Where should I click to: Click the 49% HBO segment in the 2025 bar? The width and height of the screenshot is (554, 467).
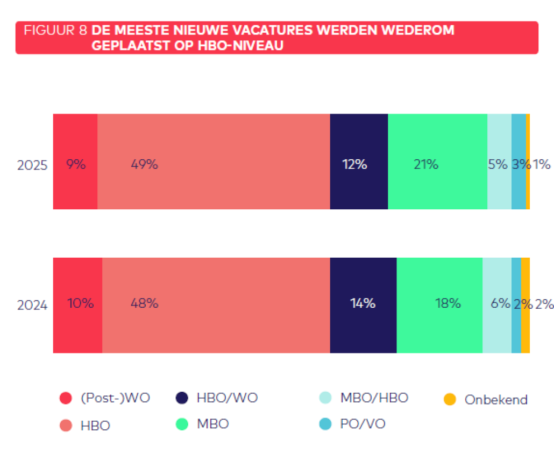coord(214,161)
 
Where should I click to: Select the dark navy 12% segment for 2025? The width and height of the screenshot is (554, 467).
coord(359,161)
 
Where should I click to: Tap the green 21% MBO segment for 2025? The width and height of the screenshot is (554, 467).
coord(437,161)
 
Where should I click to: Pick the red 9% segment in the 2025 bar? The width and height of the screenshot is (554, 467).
coord(75,161)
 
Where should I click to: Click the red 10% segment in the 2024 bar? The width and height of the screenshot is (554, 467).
coord(77,305)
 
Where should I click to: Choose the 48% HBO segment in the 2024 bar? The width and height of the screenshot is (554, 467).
coord(216,305)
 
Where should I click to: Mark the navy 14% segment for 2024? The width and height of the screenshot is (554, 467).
coord(363,305)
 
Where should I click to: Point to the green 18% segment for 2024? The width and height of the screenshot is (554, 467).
coord(439,305)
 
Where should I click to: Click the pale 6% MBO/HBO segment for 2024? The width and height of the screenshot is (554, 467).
coord(496,305)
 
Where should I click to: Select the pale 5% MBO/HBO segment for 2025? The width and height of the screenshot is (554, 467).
coord(499,161)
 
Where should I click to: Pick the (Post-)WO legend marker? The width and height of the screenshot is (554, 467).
coord(66,399)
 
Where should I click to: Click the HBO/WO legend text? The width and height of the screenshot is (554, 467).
coord(227,398)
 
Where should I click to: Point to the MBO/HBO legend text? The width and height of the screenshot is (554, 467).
coord(374,398)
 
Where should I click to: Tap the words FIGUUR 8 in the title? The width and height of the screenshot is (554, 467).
coord(55,30)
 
